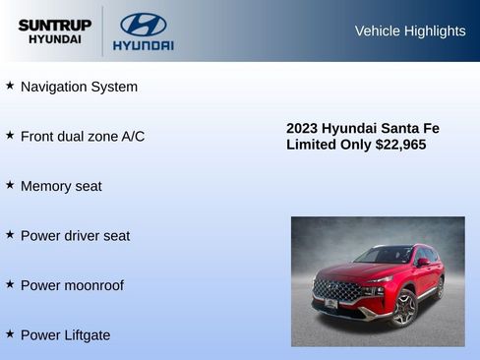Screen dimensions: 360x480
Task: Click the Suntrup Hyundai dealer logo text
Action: pyautogui.click(x=54, y=30)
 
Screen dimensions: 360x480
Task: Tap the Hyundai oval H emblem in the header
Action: pyautogui.click(x=143, y=25)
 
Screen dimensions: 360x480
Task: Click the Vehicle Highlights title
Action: pyautogui.click(x=409, y=30)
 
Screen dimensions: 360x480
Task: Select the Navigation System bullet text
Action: pyautogui.click(x=79, y=87)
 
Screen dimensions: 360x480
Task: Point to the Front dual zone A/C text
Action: pyautogui.click(x=83, y=136)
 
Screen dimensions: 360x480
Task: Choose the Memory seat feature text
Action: pyautogui.click(x=61, y=186)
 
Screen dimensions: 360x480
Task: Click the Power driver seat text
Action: pyautogui.click(x=75, y=235)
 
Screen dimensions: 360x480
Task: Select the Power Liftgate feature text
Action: pyautogui.click(x=65, y=334)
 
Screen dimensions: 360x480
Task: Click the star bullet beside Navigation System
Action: pyautogui.click(x=10, y=86)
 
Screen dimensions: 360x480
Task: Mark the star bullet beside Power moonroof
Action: pyautogui.click(x=10, y=284)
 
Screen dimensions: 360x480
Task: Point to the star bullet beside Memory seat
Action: pyautogui.click(x=10, y=185)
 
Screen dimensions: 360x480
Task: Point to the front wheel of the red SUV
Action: pyautogui.click(x=403, y=307)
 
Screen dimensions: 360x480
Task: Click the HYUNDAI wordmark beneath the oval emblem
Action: pyautogui.click(x=143, y=45)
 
